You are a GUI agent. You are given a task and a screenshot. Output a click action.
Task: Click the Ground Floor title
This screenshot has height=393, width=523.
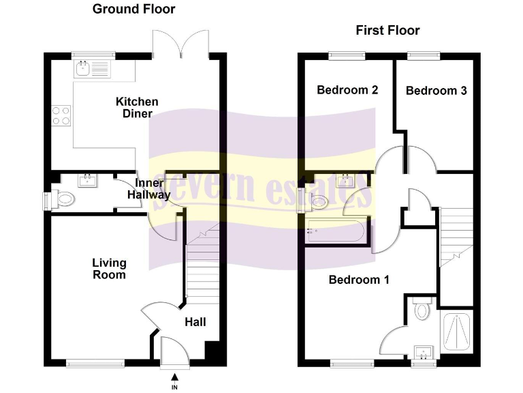[x=133, y=9]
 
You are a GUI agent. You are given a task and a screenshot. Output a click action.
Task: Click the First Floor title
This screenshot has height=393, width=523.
[x=387, y=30]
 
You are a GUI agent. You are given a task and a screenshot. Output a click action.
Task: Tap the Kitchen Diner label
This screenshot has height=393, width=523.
[x=137, y=107]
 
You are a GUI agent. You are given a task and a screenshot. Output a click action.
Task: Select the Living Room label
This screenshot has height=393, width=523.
[x=110, y=269]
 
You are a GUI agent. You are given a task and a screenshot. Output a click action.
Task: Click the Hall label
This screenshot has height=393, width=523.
[x=195, y=321]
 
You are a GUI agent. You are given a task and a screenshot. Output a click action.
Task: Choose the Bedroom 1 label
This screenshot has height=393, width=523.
[x=353, y=280]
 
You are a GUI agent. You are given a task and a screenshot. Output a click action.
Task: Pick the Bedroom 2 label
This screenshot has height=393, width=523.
[x=347, y=90]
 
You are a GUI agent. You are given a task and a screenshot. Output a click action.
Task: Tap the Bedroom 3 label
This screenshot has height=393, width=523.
[x=436, y=91]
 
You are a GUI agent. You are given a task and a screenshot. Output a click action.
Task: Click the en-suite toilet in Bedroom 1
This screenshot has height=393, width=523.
[x=422, y=310]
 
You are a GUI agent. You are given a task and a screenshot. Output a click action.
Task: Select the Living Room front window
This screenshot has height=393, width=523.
[x=95, y=364]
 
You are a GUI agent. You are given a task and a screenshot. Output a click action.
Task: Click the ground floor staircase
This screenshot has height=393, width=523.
[x=202, y=273]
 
